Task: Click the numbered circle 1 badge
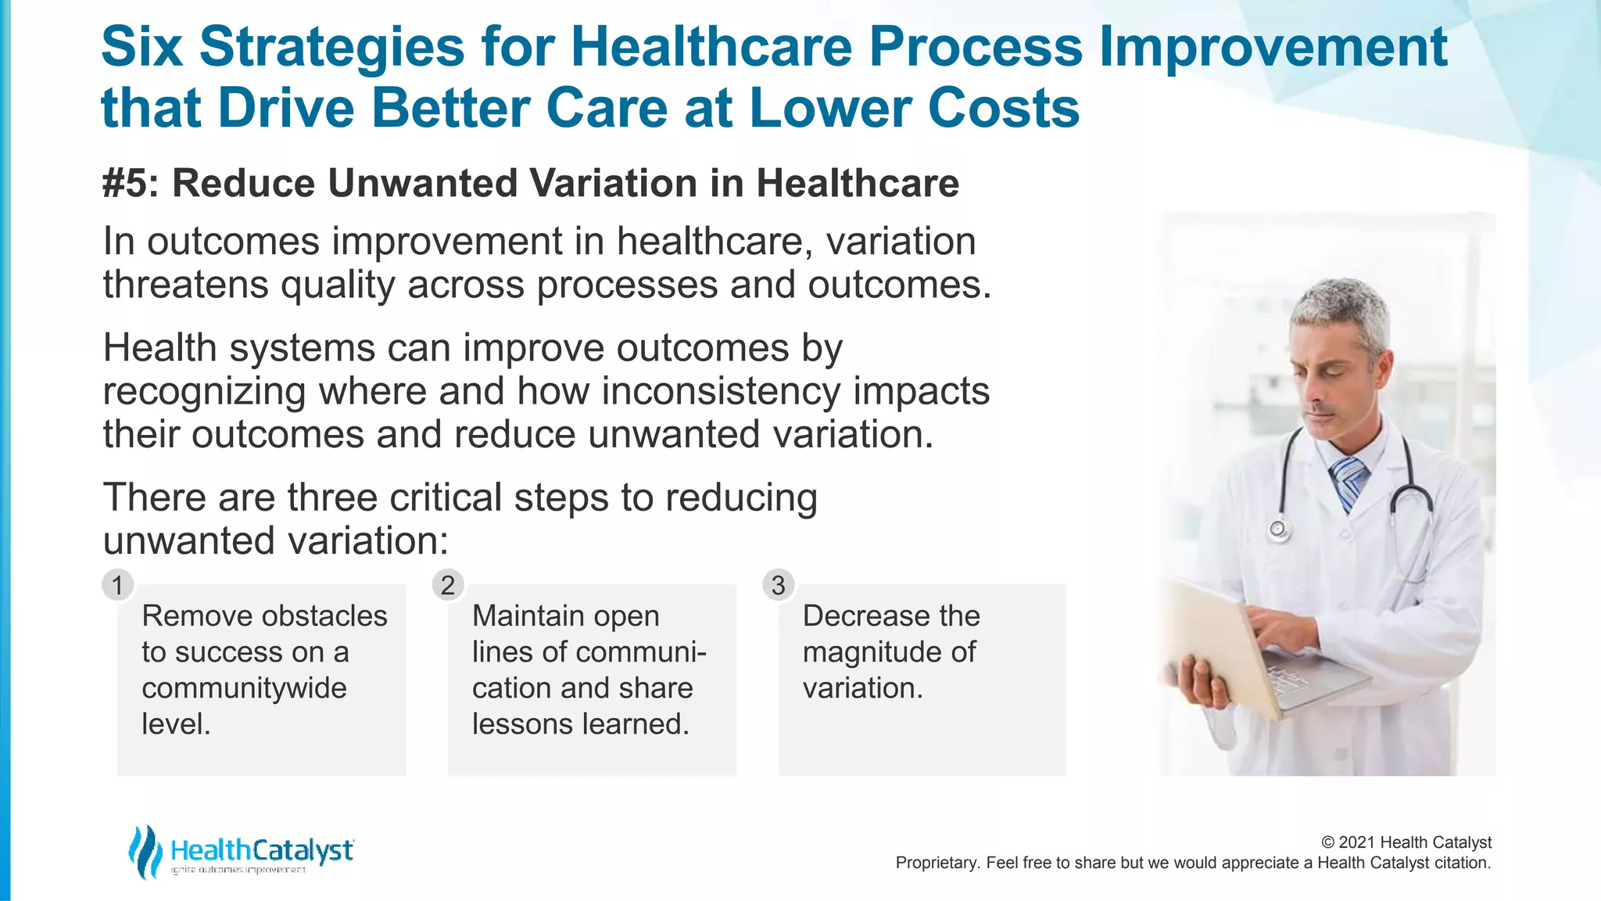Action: (117, 585)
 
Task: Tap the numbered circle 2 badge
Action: (448, 585)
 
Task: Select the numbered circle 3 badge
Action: (778, 585)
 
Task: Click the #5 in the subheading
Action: (130, 184)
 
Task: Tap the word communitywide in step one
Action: (244, 688)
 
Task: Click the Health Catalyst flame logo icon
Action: (145, 851)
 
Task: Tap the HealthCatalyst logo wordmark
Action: (262, 850)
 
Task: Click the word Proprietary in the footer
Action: (935, 863)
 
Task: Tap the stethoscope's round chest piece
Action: (1278, 530)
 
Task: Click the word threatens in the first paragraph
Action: (185, 285)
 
